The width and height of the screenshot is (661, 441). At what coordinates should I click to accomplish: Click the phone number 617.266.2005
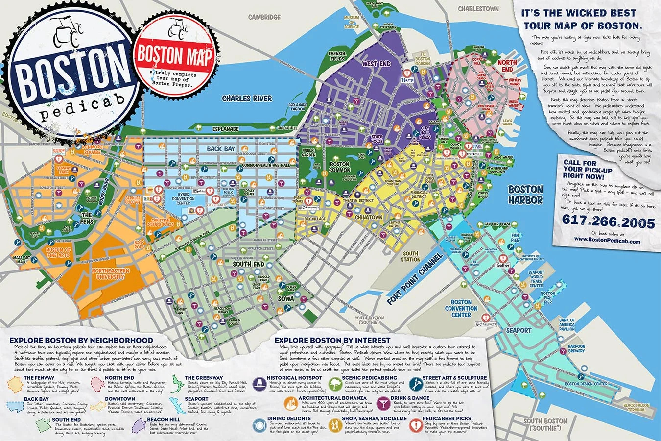pos(609,223)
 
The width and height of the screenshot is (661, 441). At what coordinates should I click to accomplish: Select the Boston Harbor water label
pos(525,195)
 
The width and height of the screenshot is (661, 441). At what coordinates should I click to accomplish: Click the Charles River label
pos(247,98)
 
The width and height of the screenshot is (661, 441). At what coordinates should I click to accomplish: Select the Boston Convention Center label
pos(461,308)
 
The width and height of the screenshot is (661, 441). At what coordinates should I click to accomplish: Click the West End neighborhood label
pos(376,64)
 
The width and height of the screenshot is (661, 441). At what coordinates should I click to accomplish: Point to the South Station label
pos(410,256)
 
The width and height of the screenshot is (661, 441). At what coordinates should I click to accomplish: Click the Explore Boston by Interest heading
pos(332,340)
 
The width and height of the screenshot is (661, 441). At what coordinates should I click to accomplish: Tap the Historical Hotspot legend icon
pos(259,382)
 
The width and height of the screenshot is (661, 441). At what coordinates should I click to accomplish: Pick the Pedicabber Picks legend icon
pos(416,424)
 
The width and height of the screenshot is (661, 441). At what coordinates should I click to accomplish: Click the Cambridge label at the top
pos(264,17)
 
